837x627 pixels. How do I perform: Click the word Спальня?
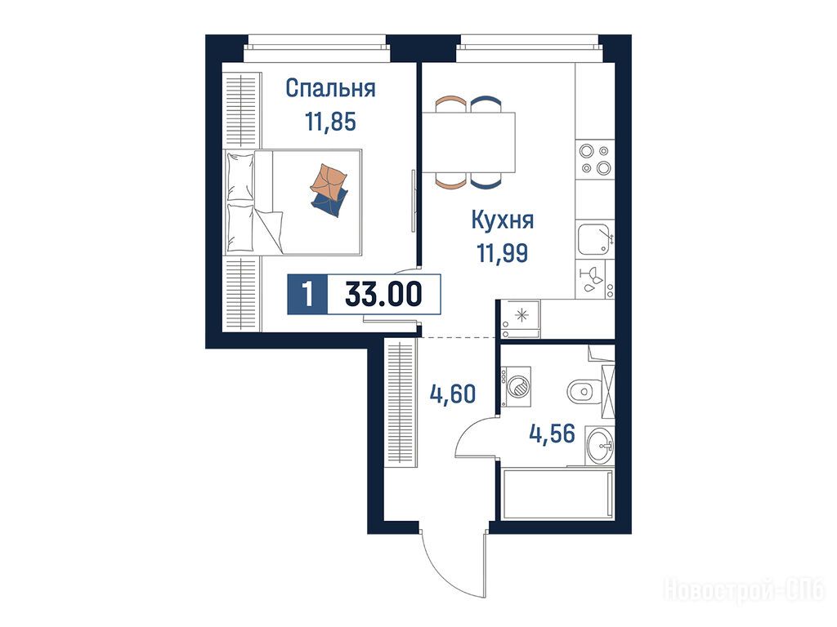pyautogui.click(x=330, y=88)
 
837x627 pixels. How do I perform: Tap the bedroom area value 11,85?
pyautogui.click(x=330, y=122)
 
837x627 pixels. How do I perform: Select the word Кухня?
pyautogui.click(x=503, y=220)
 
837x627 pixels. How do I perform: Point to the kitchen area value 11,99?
pyautogui.click(x=503, y=253)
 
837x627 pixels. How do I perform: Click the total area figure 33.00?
pyautogui.click(x=384, y=294)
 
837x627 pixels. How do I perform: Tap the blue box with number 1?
pyautogui.click(x=307, y=294)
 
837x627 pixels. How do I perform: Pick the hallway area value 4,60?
pyautogui.click(x=453, y=394)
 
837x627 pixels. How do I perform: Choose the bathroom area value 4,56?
pyautogui.click(x=553, y=434)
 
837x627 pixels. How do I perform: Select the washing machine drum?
pyautogui.click(x=517, y=385)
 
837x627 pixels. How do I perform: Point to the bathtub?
pyautogui.click(x=557, y=493)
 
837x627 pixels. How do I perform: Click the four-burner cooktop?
pyautogui.click(x=595, y=159)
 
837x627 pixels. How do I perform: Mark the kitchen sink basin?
pyautogui.click(x=593, y=239)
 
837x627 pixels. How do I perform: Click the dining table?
pyautogui.click(x=468, y=142)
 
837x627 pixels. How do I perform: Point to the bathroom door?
pyautogui.click(x=477, y=437)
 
